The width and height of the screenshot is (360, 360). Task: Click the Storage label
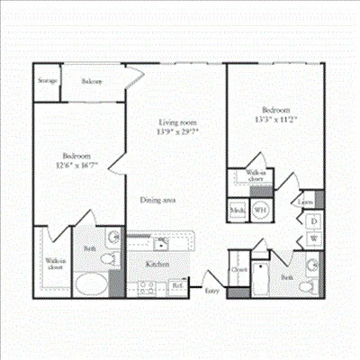click(48, 81)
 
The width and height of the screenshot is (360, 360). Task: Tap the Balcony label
click(92, 81)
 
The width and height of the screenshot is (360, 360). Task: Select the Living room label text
click(178, 122)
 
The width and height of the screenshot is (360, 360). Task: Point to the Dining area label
click(157, 200)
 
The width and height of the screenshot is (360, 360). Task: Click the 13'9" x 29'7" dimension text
click(178, 131)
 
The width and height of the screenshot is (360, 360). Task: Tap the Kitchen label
click(158, 264)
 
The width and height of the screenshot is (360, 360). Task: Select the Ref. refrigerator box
click(176, 287)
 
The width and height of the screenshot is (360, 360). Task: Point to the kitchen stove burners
click(145, 287)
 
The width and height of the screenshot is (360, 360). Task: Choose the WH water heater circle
click(259, 210)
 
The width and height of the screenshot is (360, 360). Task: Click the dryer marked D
click(315, 220)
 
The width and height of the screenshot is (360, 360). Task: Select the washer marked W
click(315, 238)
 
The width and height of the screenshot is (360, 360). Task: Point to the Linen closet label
click(307, 202)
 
